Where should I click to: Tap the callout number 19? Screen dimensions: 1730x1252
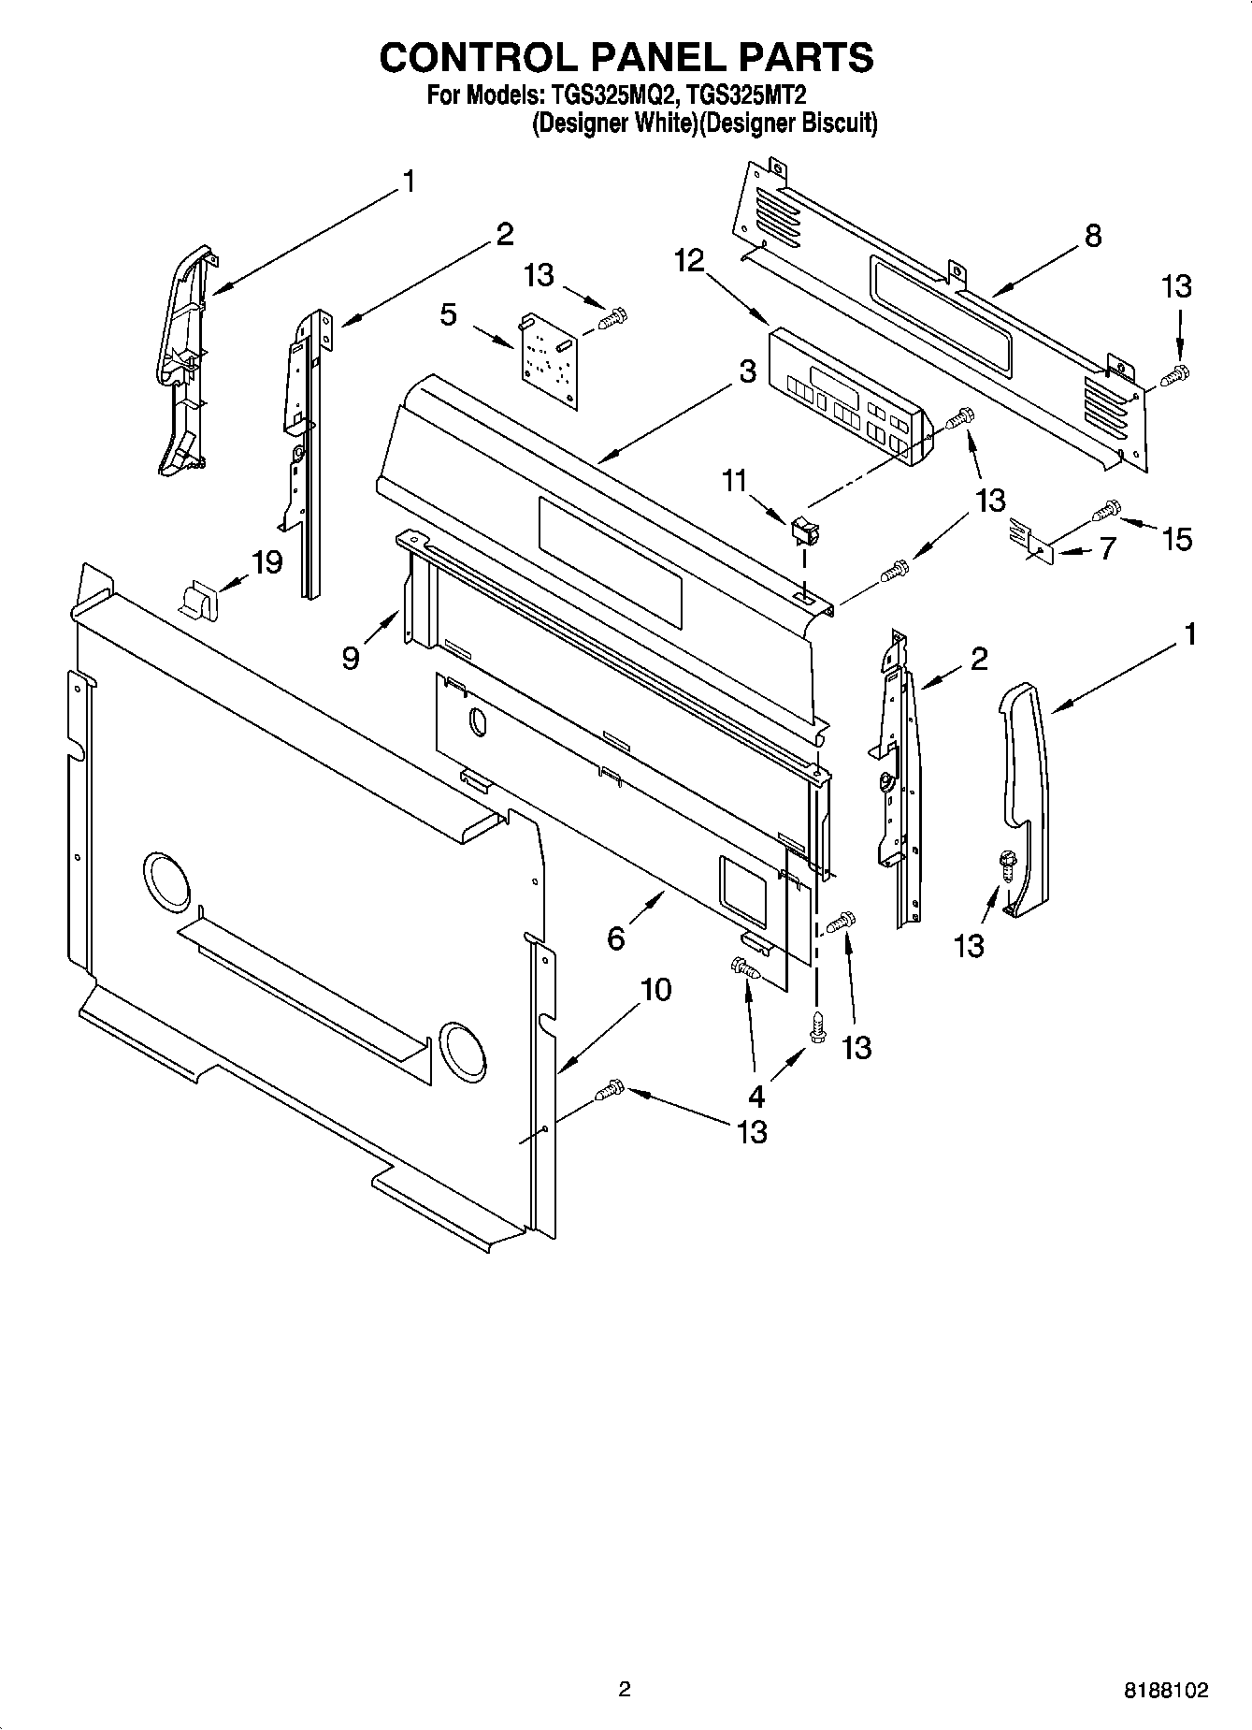pyautogui.click(x=266, y=562)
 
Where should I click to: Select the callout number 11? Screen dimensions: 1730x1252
pyautogui.click(x=734, y=481)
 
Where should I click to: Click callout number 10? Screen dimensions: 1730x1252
pyautogui.click(x=655, y=989)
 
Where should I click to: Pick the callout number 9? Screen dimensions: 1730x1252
pyautogui.click(x=351, y=659)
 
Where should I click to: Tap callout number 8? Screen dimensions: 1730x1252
pyautogui.click(x=1092, y=235)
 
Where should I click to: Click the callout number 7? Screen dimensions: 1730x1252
pyautogui.click(x=1107, y=547)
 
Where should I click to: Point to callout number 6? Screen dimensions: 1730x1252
pyautogui.click(x=615, y=938)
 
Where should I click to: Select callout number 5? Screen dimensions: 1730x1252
pyautogui.click(x=449, y=314)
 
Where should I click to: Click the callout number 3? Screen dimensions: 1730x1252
pyautogui.click(x=746, y=371)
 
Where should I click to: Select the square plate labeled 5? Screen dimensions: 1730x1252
pyautogui.click(x=549, y=360)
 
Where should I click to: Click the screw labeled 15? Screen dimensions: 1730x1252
pyautogui.click(x=1106, y=510)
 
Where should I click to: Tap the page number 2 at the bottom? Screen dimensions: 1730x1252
pyautogui.click(x=625, y=1689)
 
